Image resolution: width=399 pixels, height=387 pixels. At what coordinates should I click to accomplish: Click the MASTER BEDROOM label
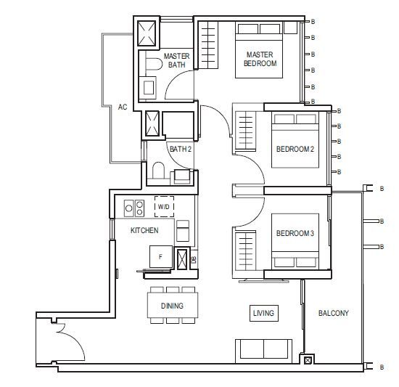pyautogui.click(x=260, y=59)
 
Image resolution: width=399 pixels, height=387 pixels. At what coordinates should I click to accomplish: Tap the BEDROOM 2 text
pyautogui.click(x=295, y=149)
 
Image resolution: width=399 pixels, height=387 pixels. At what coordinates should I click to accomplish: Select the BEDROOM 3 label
pyautogui.click(x=295, y=233)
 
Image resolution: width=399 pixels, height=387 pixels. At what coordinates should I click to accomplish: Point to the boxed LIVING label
pyautogui.click(x=264, y=313)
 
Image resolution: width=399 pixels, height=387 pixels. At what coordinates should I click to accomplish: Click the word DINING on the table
pyautogui.click(x=172, y=306)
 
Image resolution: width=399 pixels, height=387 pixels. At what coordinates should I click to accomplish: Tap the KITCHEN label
pyautogui.click(x=144, y=230)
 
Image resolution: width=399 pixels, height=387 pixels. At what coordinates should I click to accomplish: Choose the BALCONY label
pyautogui.click(x=334, y=313)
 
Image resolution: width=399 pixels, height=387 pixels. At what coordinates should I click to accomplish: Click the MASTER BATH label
pyautogui.click(x=176, y=60)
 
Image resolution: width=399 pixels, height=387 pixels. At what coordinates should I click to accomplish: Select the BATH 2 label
pyautogui.click(x=181, y=149)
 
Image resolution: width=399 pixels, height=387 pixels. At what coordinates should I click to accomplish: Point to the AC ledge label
pyautogui.click(x=123, y=107)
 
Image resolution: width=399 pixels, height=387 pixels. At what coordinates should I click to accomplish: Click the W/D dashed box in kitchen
pyautogui.click(x=165, y=206)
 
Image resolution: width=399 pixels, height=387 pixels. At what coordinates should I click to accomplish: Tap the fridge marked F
pyautogui.click(x=161, y=256)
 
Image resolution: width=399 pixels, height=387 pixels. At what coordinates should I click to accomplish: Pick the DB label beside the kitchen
pyautogui.click(x=194, y=259)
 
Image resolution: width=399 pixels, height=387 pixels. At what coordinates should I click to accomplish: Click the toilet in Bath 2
pyautogui.click(x=158, y=171)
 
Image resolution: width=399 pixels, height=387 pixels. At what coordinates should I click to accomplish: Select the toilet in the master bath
pyautogui.click(x=155, y=64)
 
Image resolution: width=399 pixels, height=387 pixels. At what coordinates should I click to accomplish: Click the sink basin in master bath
pyautogui.click(x=149, y=88)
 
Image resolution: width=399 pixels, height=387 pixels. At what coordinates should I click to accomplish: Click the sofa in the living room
pyautogui.click(x=263, y=351)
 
